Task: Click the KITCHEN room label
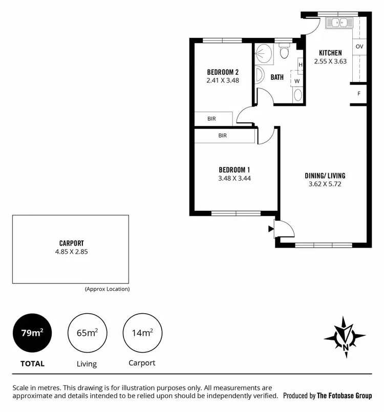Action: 330,53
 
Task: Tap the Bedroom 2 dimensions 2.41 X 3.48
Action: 223,80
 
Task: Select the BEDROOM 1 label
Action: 234,170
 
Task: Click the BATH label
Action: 277,77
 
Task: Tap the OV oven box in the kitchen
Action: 359,47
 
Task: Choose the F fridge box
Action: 359,94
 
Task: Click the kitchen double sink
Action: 338,22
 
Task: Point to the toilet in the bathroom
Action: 284,52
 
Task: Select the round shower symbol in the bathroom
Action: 264,53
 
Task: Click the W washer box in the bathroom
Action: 296,81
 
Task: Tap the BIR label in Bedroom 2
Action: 211,119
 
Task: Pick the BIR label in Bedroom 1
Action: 223,136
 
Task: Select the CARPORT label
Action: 71,243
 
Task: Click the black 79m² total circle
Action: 32,333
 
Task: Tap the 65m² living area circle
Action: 87,333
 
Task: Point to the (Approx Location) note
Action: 107,289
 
